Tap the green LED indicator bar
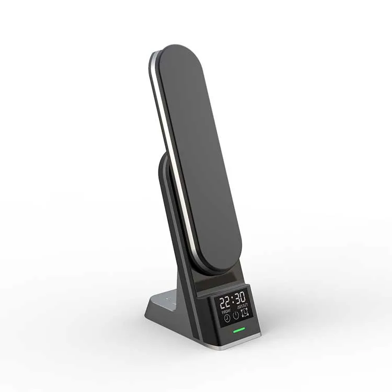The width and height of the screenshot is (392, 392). click(239, 330)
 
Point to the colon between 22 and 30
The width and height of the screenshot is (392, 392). click(233, 299)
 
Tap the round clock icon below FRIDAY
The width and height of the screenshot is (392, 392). click(226, 317)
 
